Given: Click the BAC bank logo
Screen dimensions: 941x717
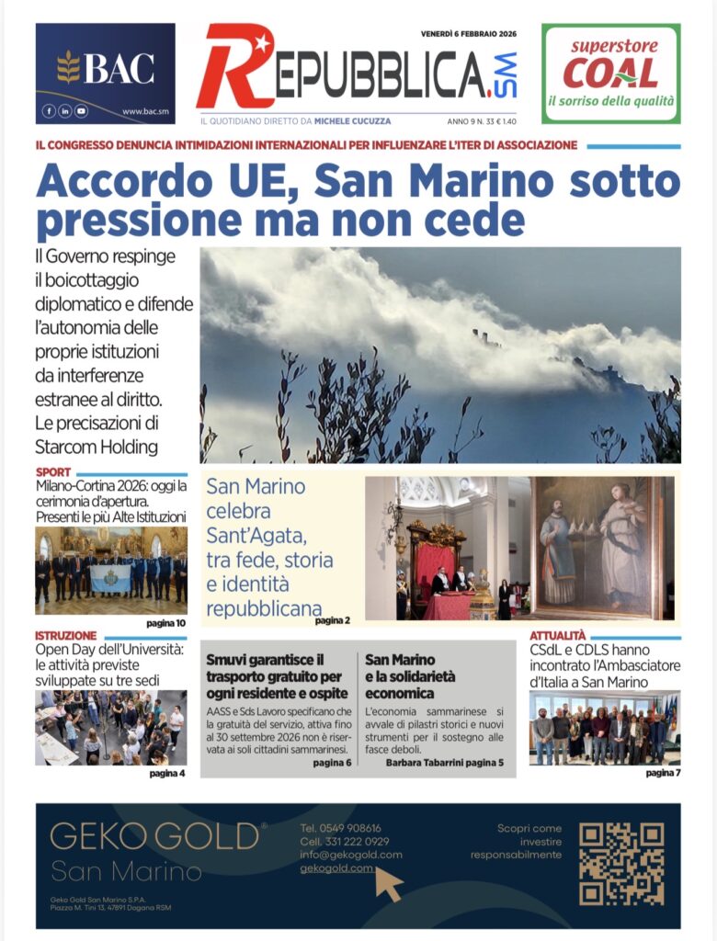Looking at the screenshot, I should click(105, 68).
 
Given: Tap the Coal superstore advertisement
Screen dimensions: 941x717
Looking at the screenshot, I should click(610, 73).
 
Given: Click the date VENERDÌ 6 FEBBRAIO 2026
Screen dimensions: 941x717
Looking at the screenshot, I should click(469, 34).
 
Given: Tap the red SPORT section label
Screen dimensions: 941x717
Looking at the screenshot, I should click(52, 473).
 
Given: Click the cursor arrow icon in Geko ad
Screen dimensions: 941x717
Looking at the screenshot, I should click(389, 884).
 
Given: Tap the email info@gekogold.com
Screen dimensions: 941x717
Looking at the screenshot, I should click(350, 855).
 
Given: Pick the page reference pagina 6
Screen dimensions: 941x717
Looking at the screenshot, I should click(332, 762).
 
